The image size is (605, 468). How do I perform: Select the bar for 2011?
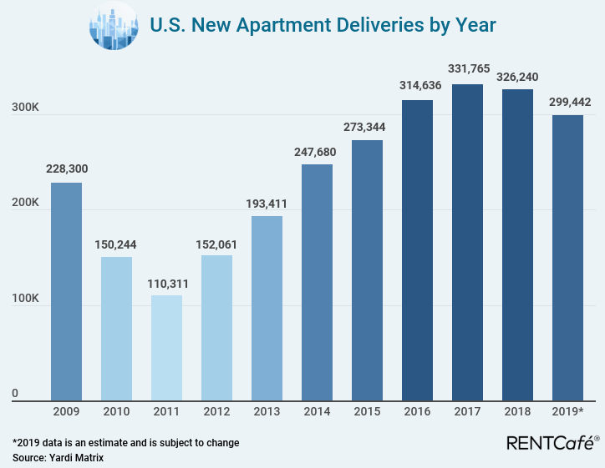pos(166,348)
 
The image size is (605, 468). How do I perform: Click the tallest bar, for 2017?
pos(467,243)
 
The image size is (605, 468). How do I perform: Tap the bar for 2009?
pos(66,292)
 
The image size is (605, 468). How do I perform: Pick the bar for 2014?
pos(317,283)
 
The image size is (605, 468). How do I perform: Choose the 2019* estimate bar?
pos(567,258)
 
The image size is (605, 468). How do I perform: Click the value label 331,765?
pos(467,71)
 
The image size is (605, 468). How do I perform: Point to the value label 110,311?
pos(166,283)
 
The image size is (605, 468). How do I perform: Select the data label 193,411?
pos(267,203)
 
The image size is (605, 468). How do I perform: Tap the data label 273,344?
pos(367,128)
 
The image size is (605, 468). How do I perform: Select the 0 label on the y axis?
pos(14,394)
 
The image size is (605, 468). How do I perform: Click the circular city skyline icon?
pos(113,26)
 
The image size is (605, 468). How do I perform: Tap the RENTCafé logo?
pos(552,442)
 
